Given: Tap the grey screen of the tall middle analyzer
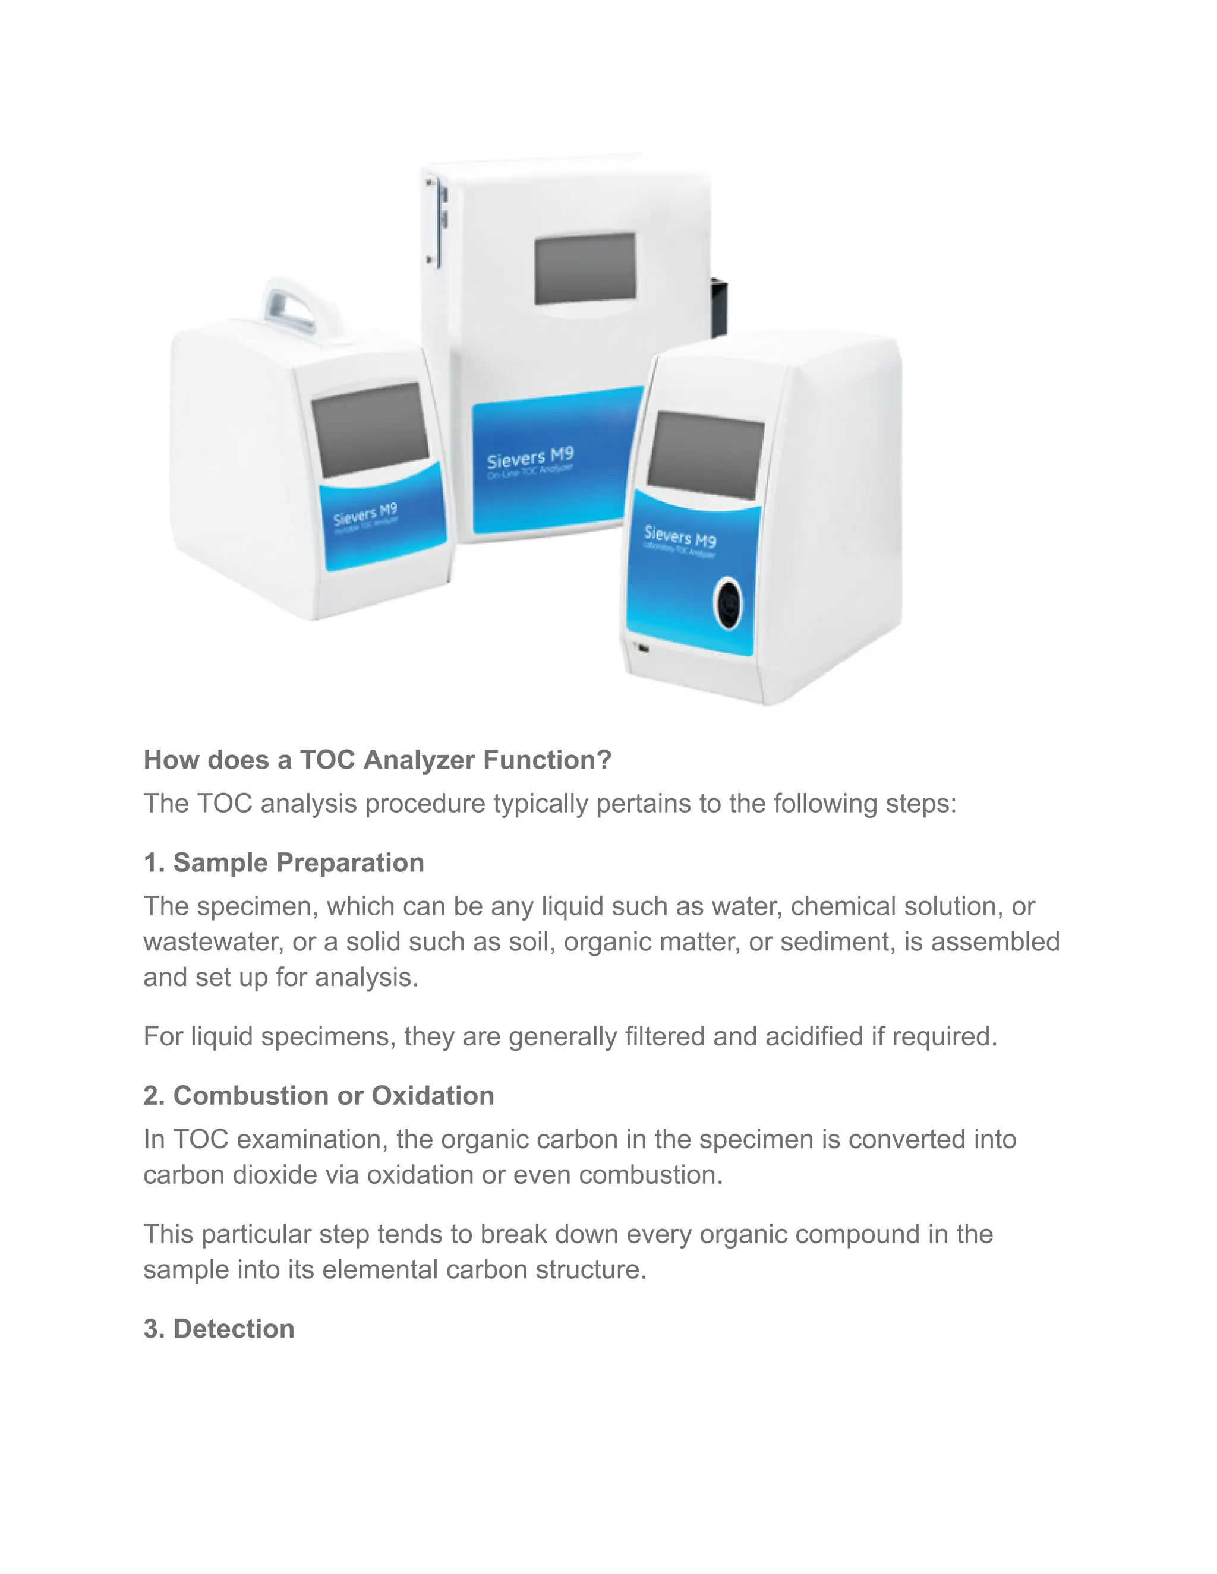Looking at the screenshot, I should click(585, 267).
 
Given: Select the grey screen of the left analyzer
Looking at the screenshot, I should click(370, 429).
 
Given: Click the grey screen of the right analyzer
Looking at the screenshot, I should click(705, 455).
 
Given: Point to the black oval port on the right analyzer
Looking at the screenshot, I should click(728, 603).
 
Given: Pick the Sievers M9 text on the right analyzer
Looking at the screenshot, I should click(680, 536).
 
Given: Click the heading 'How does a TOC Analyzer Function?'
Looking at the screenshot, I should click(377, 760).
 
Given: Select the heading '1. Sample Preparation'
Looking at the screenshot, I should click(283, 862).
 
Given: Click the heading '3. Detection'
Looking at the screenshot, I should click(219, 1328).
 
